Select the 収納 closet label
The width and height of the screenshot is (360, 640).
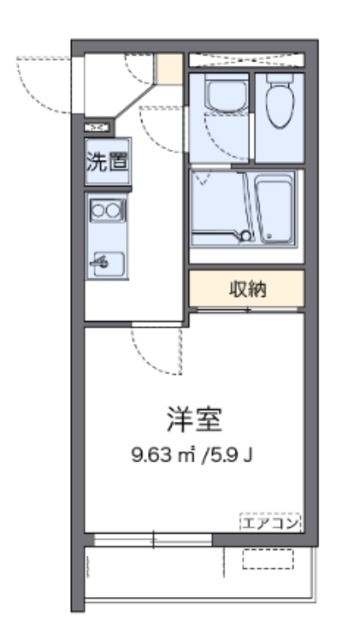click(247, 289)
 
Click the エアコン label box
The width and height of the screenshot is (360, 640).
click(270, 522)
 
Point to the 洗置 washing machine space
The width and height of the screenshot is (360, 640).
click(108, 162)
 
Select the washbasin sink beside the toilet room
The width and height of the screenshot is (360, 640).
click(227, 95)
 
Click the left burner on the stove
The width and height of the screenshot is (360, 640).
click(99, 210)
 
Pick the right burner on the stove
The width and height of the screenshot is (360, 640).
click(112, 210)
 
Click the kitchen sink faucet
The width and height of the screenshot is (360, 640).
click(100, 261)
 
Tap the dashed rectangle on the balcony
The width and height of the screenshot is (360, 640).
click(268, 559)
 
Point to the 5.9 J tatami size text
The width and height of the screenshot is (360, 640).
click(231, 454)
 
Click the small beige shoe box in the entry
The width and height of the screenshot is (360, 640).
click(170, 68)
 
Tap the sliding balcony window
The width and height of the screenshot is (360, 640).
click(153, 540)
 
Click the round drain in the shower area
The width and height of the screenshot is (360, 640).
click(245, 236)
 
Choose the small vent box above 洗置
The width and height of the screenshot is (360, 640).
click(98, 128)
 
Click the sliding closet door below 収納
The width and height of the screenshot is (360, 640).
click(247, 310)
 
